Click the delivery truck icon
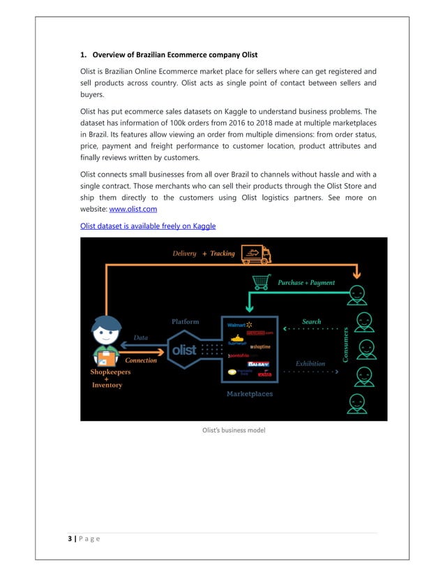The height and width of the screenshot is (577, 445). click(256, 254)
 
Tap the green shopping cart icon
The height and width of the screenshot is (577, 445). click(262, 282)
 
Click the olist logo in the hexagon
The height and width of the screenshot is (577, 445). click(184, 349)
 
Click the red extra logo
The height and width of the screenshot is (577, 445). click(264, 374)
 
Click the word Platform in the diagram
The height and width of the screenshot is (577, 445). click(185, 321)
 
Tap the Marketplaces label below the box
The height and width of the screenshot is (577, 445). click(249, 394)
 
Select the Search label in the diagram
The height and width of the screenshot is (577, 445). click(311, 321)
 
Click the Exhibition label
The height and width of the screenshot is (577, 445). click(310, 363)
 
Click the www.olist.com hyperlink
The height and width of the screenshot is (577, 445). click(133, 209)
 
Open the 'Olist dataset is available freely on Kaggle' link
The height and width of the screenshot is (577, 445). click(148, 226)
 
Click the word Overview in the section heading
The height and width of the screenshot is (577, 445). click(114, 54)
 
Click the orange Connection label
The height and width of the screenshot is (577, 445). click(141, 360)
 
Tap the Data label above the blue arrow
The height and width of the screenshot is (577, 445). click(141, 337)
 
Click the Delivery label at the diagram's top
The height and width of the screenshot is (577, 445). click(184, 254)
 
